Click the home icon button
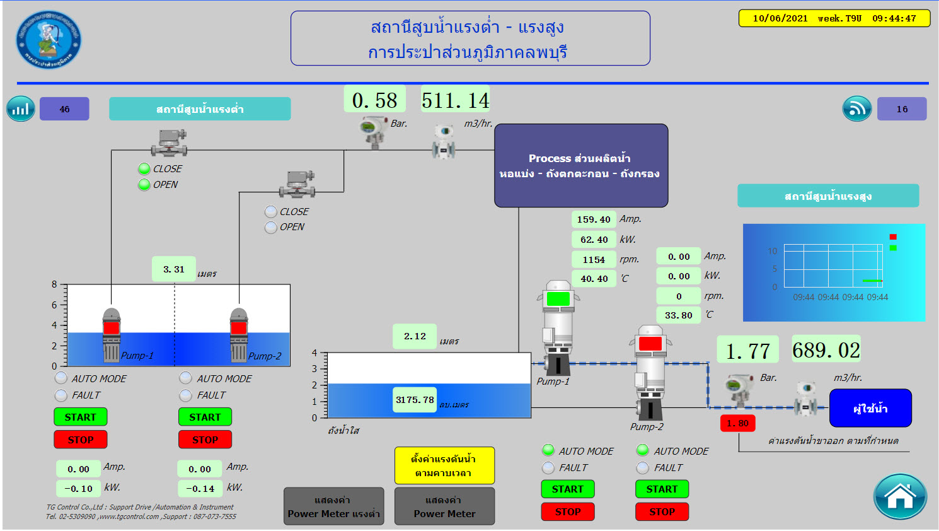pos(899,496)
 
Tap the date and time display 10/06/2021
pos(834,18)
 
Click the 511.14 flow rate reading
pos(455,100)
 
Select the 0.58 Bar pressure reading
pos(374,100)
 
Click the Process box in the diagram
pos(580,165)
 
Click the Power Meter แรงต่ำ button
pos(333,506)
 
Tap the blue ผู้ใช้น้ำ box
pos(870,408)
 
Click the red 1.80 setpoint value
pos(737,423)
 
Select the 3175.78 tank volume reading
pos(415,400)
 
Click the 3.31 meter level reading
pos(173,269)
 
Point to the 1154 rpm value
pos(594,259)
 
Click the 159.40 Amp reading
pos(594,219)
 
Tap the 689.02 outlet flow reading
pos(826,350)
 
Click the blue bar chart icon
pos(21,109)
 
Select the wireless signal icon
pos(857,109)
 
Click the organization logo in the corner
pos(49,39)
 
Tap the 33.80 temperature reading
pos(678,315)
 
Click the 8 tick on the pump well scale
pos(55,284)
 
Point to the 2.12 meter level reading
pos(415,336)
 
